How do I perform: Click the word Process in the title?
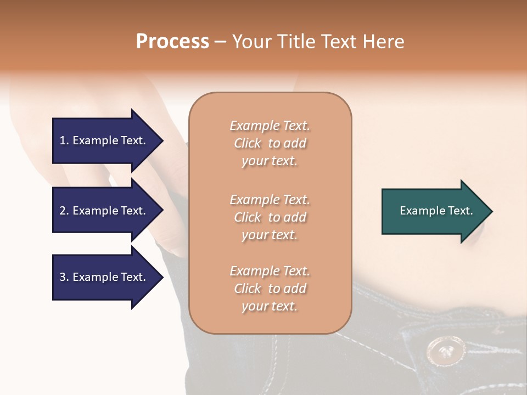point(172,42)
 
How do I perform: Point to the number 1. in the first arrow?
point(64,140)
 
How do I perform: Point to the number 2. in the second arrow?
point(64,211)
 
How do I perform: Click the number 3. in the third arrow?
point(64,277)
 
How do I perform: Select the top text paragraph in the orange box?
point(270,143)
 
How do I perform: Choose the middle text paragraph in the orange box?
point(270,217)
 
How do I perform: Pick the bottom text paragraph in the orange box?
point(270,289)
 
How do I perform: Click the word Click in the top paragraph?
point(248,143)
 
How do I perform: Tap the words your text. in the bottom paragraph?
point(270,306)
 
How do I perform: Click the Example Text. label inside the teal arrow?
point(436,211)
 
